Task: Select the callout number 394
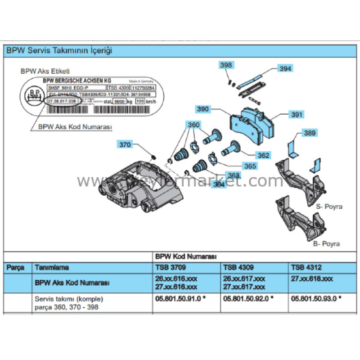pyautogui.click(x=285, y=69)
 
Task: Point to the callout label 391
pyautogui.click(x=296, y=115)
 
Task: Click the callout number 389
pyautogui.click(x=310, y=133)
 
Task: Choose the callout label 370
pyautogui.click(x=125, y=144)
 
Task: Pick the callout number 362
pyautogui.click(x=264, y=156)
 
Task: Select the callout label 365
pyautogui.click(x=251, y=166)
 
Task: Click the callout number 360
pyautogui.click(x=193, y=125)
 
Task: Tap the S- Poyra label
pyautogui.click(x=329, y=207)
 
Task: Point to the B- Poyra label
pyautogui.click(x=326, y=244)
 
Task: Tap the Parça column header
pyautogui.click(x=17, y=267)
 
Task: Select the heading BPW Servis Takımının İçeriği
pyautogui.click(x=59, y=50)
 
